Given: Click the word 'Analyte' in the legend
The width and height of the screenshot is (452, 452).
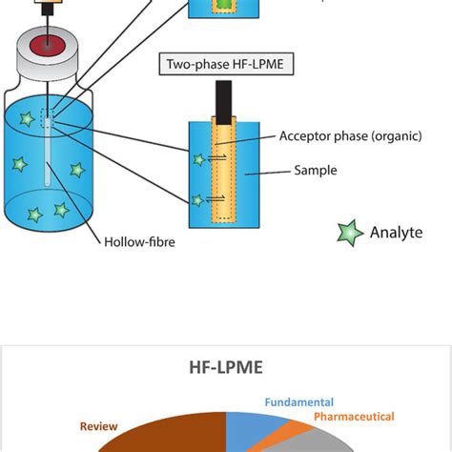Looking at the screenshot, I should (396, 233).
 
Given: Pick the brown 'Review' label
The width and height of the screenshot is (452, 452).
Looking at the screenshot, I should (98, 427).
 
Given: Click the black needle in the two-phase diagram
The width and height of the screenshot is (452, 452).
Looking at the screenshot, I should (225, 101).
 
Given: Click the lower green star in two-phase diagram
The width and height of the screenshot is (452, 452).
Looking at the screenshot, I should (197, 199).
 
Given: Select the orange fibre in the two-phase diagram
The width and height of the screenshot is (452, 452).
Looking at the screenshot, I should (225, 172).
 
